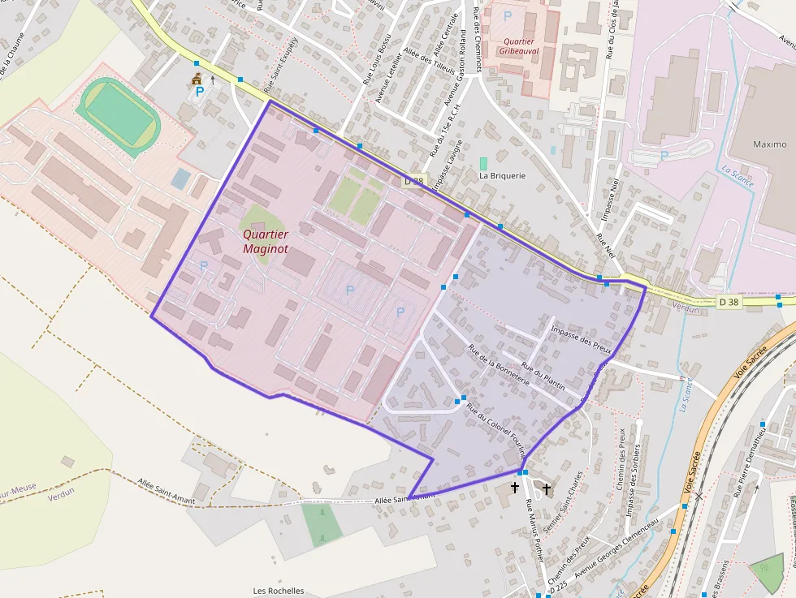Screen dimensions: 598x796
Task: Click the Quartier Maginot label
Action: pyautogui.click(x=266, y=241)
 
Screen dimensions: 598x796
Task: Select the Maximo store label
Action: pyautogui.click(x=769, y=144)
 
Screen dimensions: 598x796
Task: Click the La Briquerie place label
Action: pyautogui.click(x=502, y=175)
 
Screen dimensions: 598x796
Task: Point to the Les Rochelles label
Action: pyautogui.click(x=279, y=591)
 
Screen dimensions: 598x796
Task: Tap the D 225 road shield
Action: pyautogui.click(x=556, y=593)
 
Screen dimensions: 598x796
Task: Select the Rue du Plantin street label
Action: pyautogui.click(x=543, y=376)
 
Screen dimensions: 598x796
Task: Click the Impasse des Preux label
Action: pyautogui.click(x=581, y=338)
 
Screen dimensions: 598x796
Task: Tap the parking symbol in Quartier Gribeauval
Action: pyautogui.click(x=508, y=15)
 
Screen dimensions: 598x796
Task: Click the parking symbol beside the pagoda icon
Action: pyautogui.click(x=199, y=92)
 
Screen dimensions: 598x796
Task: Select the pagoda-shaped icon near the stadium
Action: pyautogui.click(x=196, y=80)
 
